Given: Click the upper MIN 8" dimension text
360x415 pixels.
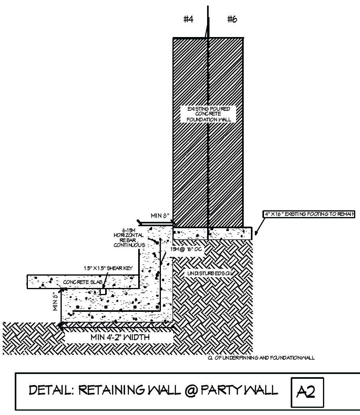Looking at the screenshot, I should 160,216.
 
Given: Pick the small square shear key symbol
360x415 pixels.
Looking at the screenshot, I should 103,292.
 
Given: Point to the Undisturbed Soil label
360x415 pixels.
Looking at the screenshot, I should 210,273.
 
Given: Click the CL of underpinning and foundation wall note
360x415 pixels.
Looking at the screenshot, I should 261,357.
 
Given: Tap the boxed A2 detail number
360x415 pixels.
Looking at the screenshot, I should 306,392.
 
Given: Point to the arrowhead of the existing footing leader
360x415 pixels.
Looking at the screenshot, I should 256,234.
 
